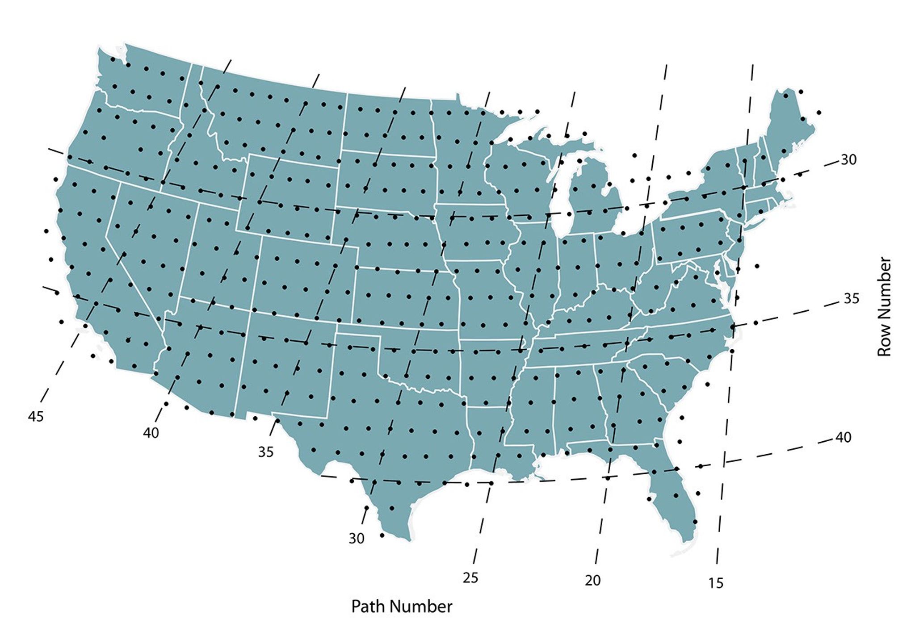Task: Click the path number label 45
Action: tap(36, 417)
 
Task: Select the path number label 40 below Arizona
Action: tap(151, 433)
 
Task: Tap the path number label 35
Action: tap(266, 452)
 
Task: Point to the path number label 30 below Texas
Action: tap(357, 539)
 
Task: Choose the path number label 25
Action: tap(470, 578)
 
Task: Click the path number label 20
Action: tap(593, 580)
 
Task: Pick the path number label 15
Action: tap(715, 583)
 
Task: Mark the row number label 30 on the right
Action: tap(848, 159)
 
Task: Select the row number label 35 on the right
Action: tap(851, 298)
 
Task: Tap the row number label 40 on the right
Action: tap(843, 437)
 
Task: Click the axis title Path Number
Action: tap(402, 607)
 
